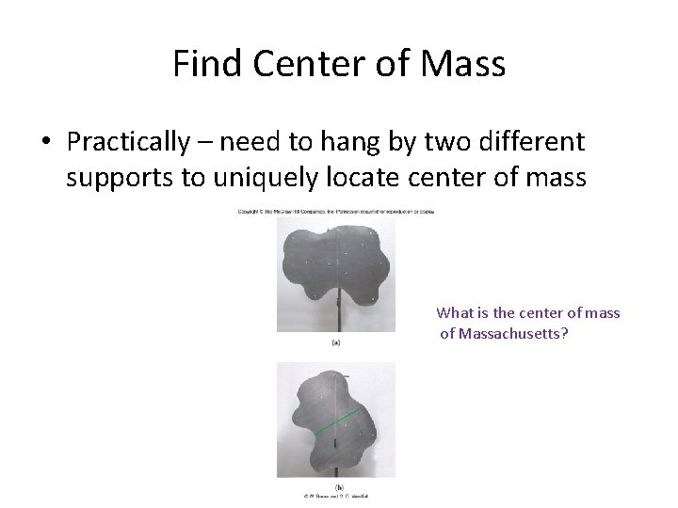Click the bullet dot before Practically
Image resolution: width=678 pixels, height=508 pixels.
pyautogui.click(x=45, y=143)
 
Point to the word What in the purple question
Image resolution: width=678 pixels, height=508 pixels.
pyautogui.click(x=457, y=313)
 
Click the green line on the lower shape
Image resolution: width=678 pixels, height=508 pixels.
pyautogui.click(x=337, y=421)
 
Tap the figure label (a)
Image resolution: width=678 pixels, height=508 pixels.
pyautogui.click(x=336, y=343)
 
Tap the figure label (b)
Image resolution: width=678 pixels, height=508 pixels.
pyautogui.click(x=337, y=487)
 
